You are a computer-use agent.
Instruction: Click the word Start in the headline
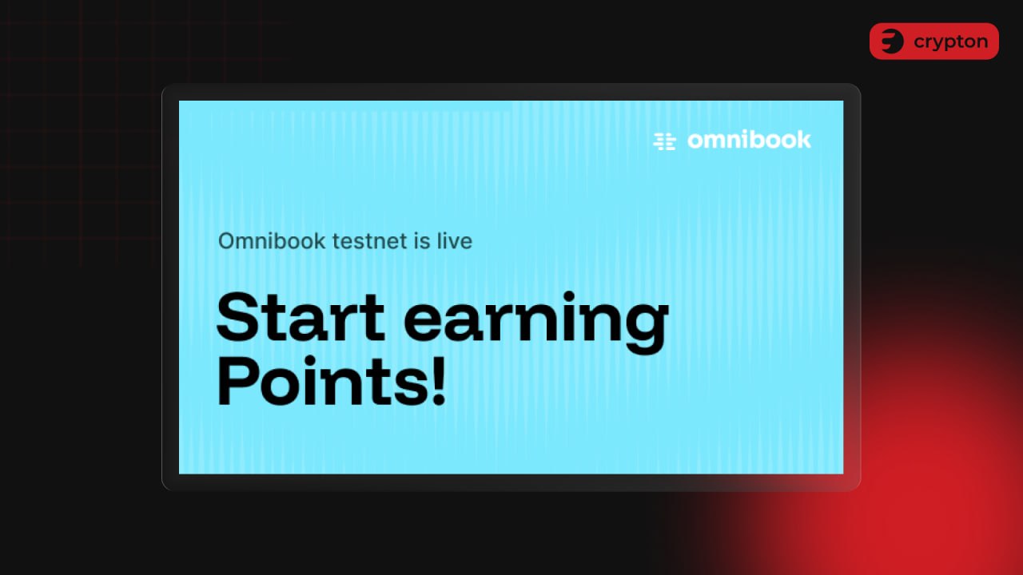click(x=301, y=317)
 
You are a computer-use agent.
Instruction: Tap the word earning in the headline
click(x=536, y=322)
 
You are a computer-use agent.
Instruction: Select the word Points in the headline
click(x=323, y=382)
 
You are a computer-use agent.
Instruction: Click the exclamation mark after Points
click(x=439, y=382)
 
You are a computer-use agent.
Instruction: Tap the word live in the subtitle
click(x=454, y=240)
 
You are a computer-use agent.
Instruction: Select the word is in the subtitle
click(x=422, y=240)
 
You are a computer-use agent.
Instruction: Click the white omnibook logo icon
click(x=664, y=141)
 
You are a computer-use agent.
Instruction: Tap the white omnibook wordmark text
click(x=750, y=140)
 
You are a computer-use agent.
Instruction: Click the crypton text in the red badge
click(x=951, y=42)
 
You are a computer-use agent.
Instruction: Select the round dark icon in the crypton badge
click(x=892, y=41)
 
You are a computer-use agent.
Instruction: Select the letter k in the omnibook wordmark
click(x=803, y=140)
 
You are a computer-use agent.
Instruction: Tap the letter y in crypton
click(x=941, y=45)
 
